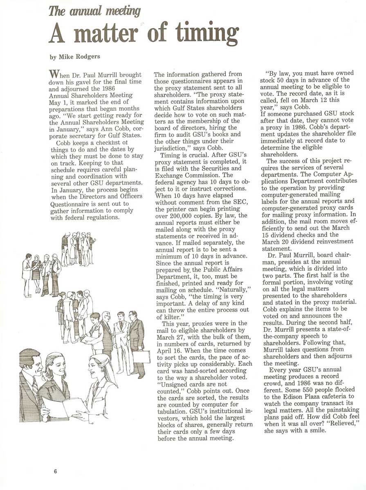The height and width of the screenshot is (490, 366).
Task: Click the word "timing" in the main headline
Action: [207, 34]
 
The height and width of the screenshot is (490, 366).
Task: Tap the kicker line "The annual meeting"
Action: [94, 11]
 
